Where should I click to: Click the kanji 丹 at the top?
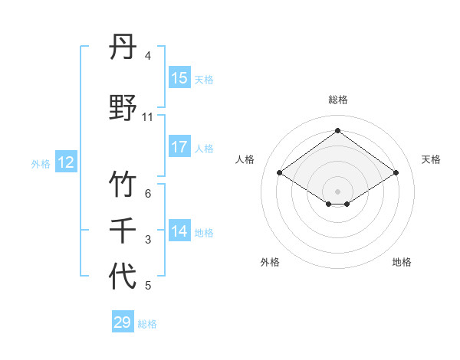[x=123, y=49]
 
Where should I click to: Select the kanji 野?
[x=123, y=107]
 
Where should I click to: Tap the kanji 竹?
[x=123, y=185]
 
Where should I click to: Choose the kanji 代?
[x=123, y=276]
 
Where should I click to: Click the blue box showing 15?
[x=179, y=78]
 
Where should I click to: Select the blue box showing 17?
[x=179, y=147]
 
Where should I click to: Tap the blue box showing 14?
[x=179, y=231]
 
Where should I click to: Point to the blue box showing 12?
[x=66, y=162]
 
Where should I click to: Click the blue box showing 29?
[x=123, y=322]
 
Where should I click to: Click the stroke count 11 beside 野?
[x=148, y=117]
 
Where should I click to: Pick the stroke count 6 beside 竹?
[x=148, y=195]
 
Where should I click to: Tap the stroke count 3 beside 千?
[x=148, y=241]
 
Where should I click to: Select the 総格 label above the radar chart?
[x=337, y=100]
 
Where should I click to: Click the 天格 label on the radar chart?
[x=431, y=159]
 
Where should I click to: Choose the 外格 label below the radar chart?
[x=270, y=262]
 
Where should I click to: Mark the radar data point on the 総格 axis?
[x=337, y=131]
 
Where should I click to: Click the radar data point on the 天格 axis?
[x=396, y=173]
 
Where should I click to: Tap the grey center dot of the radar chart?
[x=337, y=191]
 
